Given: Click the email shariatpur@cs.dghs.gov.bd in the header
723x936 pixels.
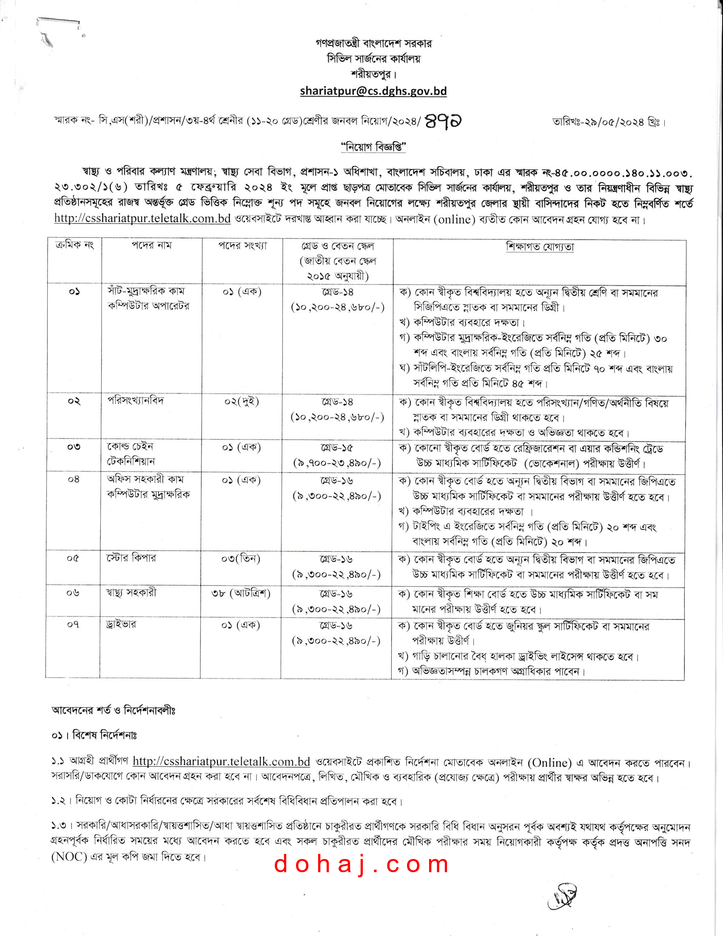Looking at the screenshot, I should [x=373, y=91].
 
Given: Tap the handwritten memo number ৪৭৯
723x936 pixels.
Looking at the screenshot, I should [x=443, y=122].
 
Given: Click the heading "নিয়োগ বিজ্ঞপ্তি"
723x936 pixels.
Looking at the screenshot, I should [x=373, y=148].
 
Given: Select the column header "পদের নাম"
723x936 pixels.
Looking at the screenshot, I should [x=151, y=245].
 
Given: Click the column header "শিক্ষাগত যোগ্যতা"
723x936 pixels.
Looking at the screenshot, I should [x=540, y=247].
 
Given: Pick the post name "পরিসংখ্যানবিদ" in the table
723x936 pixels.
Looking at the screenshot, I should [x=135, y=401].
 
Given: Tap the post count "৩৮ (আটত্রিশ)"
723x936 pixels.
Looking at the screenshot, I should [x=241, y=593].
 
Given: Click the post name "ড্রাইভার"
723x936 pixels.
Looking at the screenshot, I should [x=121, y=625].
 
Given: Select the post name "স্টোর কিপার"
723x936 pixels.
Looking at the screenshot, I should [x=131, y=558].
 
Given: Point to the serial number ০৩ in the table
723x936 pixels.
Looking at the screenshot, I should [x=74, y=447].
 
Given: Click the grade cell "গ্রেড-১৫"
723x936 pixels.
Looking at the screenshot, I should [x=337, y=448].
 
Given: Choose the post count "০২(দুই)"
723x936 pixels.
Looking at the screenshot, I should [x=242, y=402].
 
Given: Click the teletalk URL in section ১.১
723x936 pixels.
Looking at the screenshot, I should [x=221, y=761].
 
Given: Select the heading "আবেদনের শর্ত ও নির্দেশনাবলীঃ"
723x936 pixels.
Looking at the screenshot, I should [x=114, y=710].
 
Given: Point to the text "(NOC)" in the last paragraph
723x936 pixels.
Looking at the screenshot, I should [x=69, y=857].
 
